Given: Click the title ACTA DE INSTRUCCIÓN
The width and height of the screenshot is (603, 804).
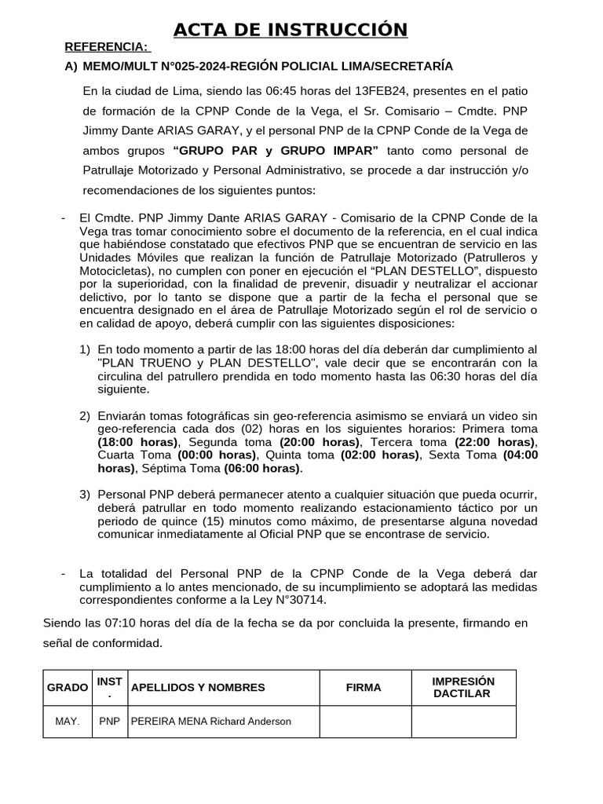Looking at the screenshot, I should point(291,30).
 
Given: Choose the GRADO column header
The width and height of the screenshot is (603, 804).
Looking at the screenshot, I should point(68,687).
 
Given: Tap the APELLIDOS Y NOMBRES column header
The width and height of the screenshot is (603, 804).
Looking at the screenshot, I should point(198,687).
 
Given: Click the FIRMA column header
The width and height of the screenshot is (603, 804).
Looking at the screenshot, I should point(364,687).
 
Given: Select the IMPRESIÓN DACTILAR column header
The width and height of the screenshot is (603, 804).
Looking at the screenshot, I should point(463,687).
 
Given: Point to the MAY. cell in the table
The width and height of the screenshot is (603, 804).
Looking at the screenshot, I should point(68,722).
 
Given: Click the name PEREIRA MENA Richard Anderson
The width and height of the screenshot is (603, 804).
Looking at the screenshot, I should point(210,722).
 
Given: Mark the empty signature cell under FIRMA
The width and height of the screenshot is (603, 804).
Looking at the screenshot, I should point(365,722).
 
